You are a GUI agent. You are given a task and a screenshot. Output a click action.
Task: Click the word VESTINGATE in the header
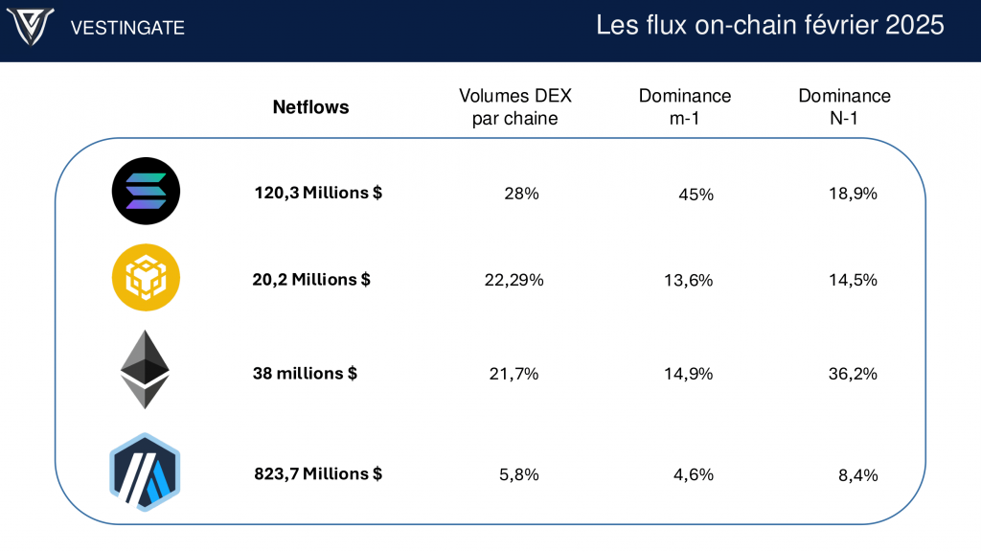click(x=127, y=28)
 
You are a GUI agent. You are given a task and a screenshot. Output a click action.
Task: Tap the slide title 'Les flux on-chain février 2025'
click(x=770, y=26)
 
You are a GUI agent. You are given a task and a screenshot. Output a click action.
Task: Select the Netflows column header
click(x=311, y=107)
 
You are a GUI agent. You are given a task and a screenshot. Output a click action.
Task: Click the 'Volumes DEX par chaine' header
click(x=515, y=107)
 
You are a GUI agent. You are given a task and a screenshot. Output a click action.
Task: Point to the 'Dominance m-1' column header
click(x=685, y=107)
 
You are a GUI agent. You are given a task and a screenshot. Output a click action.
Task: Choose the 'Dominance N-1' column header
click(x=844, y=107)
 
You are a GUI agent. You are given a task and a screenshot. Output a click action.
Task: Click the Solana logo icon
click(x=146, y=191)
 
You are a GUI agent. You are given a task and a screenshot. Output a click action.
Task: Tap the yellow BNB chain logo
click(x=146, y=278)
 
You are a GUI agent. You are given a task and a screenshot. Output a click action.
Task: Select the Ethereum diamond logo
click(x=145, y=370)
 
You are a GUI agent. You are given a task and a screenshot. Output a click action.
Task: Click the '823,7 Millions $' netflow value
click(x=318, y=473)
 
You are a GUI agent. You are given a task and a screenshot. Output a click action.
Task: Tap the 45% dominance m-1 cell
click(x=696, y=195)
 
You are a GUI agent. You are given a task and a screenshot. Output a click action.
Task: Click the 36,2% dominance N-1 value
click(x=854, y=374)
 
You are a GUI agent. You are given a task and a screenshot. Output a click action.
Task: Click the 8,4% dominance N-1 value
click(x=857, y=474)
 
